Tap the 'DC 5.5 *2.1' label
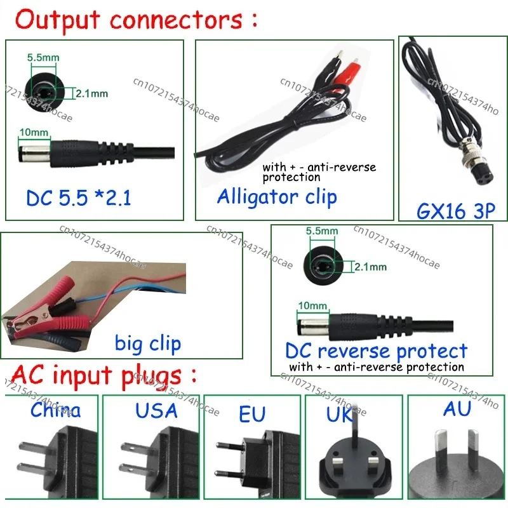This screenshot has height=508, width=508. [78, 198]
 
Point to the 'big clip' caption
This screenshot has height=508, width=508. [148, 344]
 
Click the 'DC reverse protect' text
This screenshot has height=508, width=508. [376, 351]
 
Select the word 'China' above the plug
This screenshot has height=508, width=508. [56, 410]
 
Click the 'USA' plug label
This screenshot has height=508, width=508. [156, 410]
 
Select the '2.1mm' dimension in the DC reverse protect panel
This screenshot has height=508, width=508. [370, 267]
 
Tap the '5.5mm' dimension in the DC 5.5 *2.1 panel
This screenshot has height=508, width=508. [43, 58]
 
